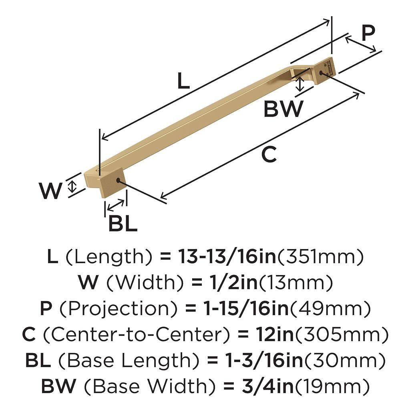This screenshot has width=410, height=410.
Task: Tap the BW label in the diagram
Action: (x=283, y=109)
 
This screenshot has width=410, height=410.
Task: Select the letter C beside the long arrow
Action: (x=269, y=155)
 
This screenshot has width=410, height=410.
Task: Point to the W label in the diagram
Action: (x=51, y=191)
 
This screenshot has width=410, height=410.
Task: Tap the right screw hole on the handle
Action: (x=322, y=73)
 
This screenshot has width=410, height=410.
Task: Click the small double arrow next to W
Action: (x=72, y=186)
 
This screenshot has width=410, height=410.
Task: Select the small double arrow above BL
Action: (x=116, y=205)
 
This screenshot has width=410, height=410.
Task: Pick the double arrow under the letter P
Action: (x=361, y=44)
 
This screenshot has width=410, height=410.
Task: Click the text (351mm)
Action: (x=320, y=257)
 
